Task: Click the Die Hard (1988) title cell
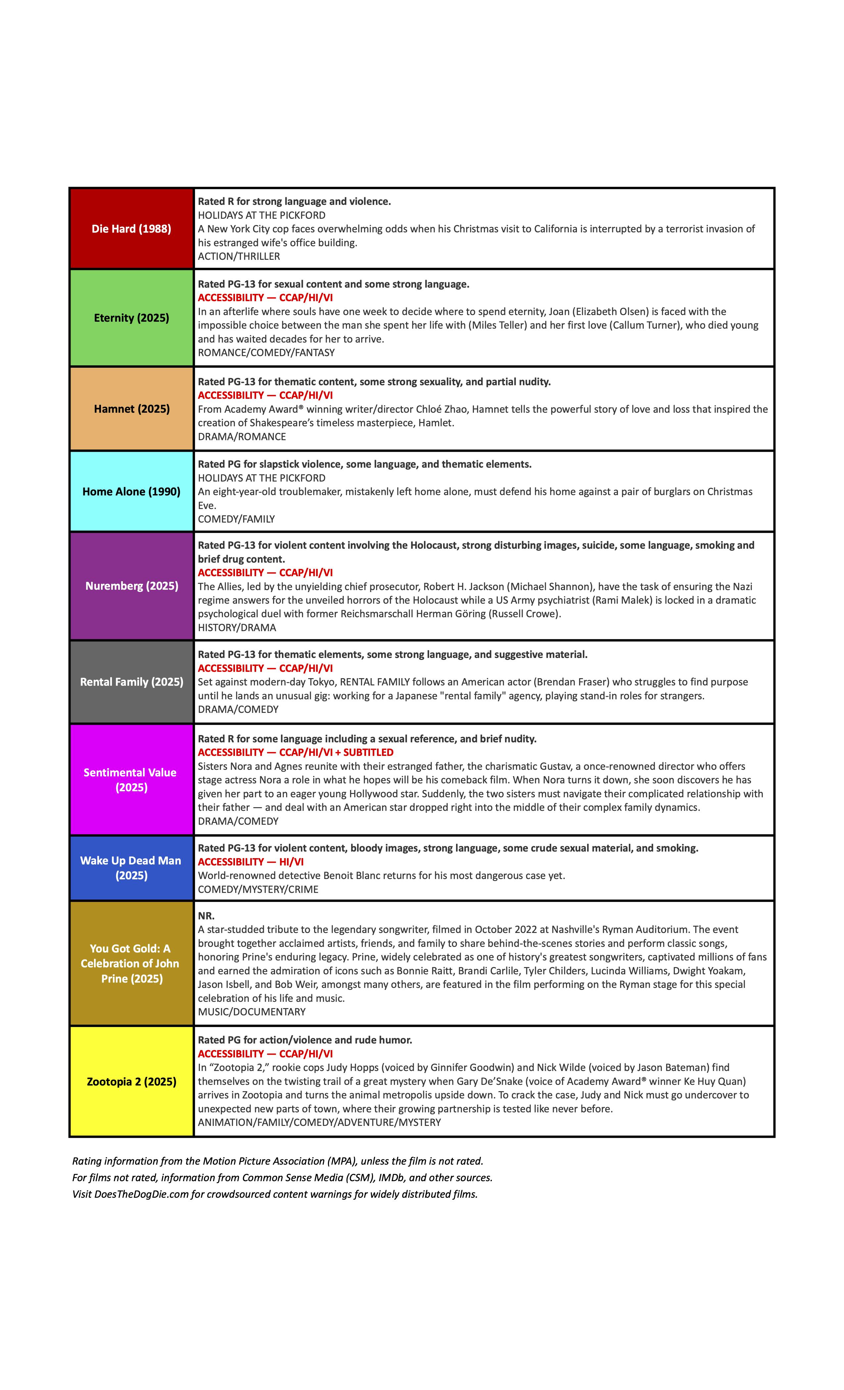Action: (131, 228)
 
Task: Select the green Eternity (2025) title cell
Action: (131, 318)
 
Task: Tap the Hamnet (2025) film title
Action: (131, 408)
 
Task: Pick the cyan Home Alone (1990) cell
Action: (131, 491)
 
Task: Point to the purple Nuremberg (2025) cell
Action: (131, 585)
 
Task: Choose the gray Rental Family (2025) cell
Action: (131, 681)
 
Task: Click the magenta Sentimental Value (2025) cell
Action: (131, 780)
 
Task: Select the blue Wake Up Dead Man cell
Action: (131, 868)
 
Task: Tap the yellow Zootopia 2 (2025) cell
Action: (131, 1082)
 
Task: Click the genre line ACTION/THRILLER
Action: (239, 256)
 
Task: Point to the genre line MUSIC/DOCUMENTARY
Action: (252, 1011)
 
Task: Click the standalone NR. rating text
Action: (206, 915)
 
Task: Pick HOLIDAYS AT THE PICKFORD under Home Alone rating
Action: (261, 478)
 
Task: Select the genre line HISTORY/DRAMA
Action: (237, 627)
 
